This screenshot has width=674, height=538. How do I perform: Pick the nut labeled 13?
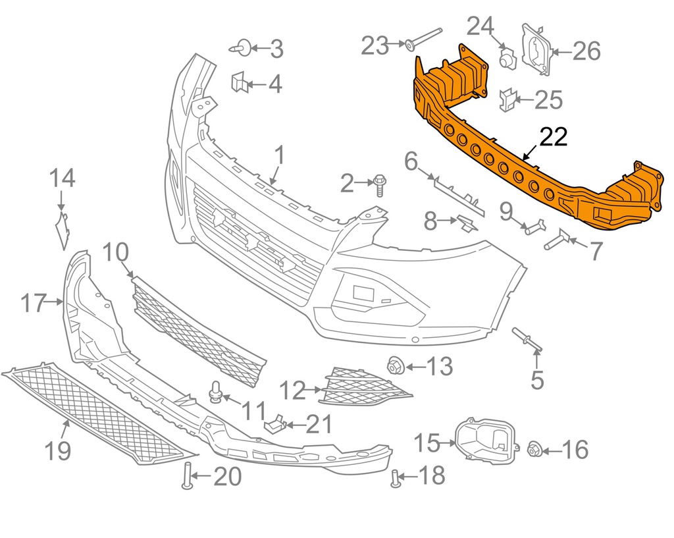pyautogui.click(x=396, y=365)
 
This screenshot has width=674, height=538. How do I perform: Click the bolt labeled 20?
pyautogui.click(x=186, y=476)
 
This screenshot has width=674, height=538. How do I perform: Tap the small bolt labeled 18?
pyautogui.click(x=396, y=479)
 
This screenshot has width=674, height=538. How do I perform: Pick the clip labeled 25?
pyautogui.click(x=507, y=99)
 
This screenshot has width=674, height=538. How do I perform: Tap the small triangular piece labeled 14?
pyautogui.click(x=65, y=228)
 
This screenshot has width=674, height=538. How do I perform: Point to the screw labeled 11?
pyautogui.click(x=214, y=392)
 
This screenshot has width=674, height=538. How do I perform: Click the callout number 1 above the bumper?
pyautogui.click(x=278, y=156)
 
